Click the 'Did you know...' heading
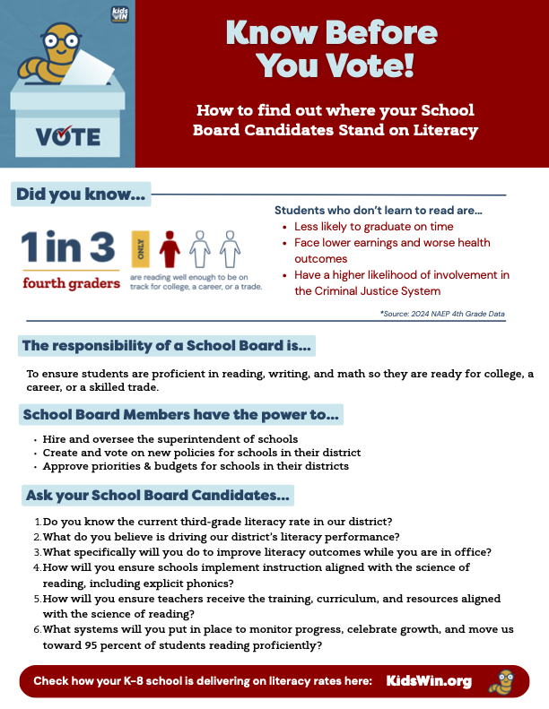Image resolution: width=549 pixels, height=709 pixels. [80, 195]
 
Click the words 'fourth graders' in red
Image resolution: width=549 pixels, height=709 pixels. [71, 283]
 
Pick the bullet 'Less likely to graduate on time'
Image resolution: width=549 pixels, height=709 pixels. [373, 227]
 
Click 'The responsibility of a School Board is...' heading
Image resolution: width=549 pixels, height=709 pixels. [166, 345]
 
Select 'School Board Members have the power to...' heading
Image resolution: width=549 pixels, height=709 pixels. [180, 415]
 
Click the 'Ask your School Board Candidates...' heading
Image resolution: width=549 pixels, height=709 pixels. [157, 495]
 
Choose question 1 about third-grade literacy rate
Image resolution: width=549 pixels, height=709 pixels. [217, 522]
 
